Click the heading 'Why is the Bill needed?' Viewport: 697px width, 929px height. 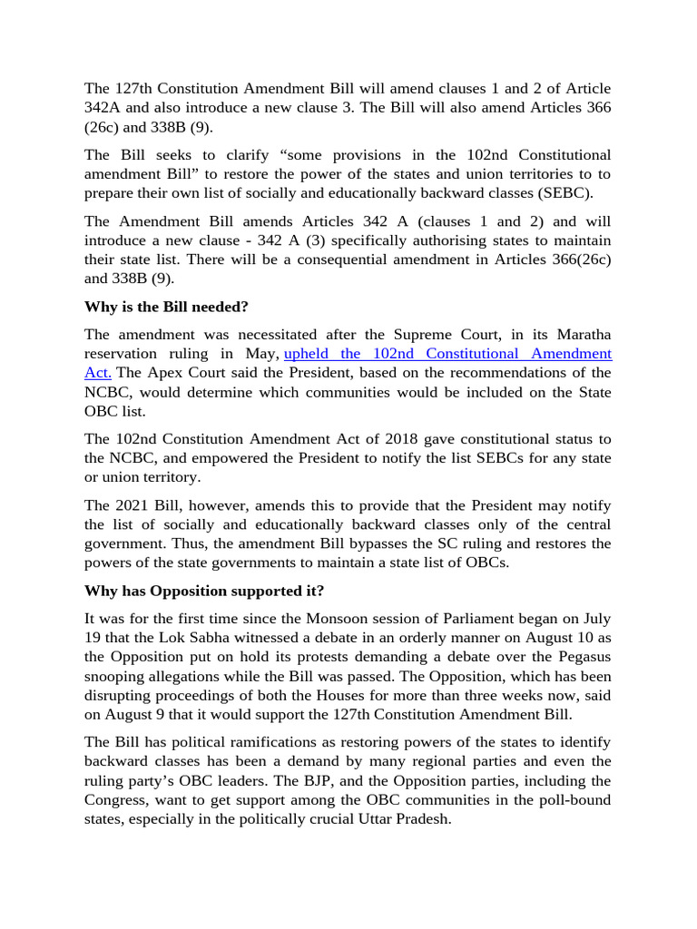[x=166, y=307]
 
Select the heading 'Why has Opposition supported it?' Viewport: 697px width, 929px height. [x=204, y=592]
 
